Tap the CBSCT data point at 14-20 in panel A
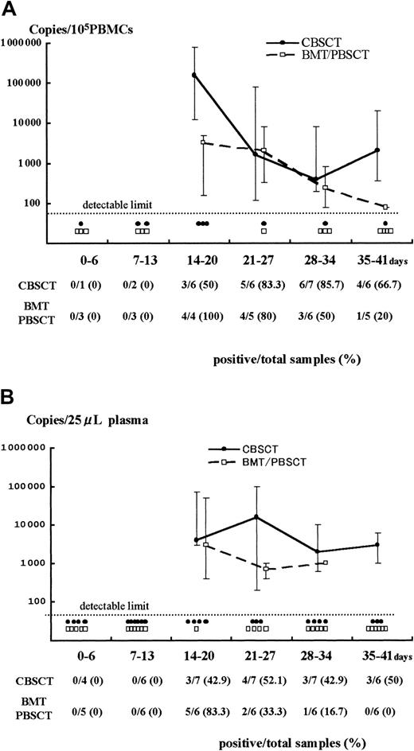point(195,76)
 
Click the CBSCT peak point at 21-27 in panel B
point(256,517)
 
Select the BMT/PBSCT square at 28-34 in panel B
point(326,562)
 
